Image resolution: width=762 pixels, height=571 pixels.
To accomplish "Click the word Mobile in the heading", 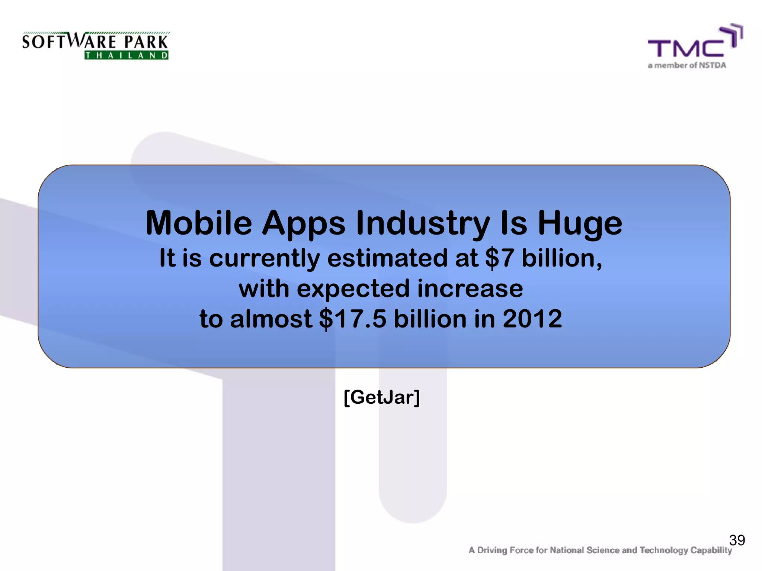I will coord(199,223).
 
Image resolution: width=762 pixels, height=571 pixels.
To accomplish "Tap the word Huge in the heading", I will coord(580,224).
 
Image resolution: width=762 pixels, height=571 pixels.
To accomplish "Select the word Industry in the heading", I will coord(423,224).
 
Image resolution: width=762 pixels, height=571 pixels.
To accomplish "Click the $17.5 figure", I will coord(353,319).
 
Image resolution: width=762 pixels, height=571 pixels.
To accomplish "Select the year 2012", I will coord(532,319).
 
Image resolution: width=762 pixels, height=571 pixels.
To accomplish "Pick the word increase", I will coord(470,288).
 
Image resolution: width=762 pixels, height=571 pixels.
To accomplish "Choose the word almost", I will coord(271,319).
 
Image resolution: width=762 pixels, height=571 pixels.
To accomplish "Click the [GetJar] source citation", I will coord(382,397).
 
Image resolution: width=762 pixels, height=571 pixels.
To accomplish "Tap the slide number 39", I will coord(737,540).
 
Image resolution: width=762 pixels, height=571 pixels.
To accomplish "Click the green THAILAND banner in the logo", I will coord(127,55).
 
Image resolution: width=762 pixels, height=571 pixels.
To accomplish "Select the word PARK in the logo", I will coord(146,42).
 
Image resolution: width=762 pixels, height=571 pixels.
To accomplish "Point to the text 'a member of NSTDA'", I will coord(687,65).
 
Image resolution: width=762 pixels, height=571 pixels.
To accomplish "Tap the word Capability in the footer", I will coord(711,551).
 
